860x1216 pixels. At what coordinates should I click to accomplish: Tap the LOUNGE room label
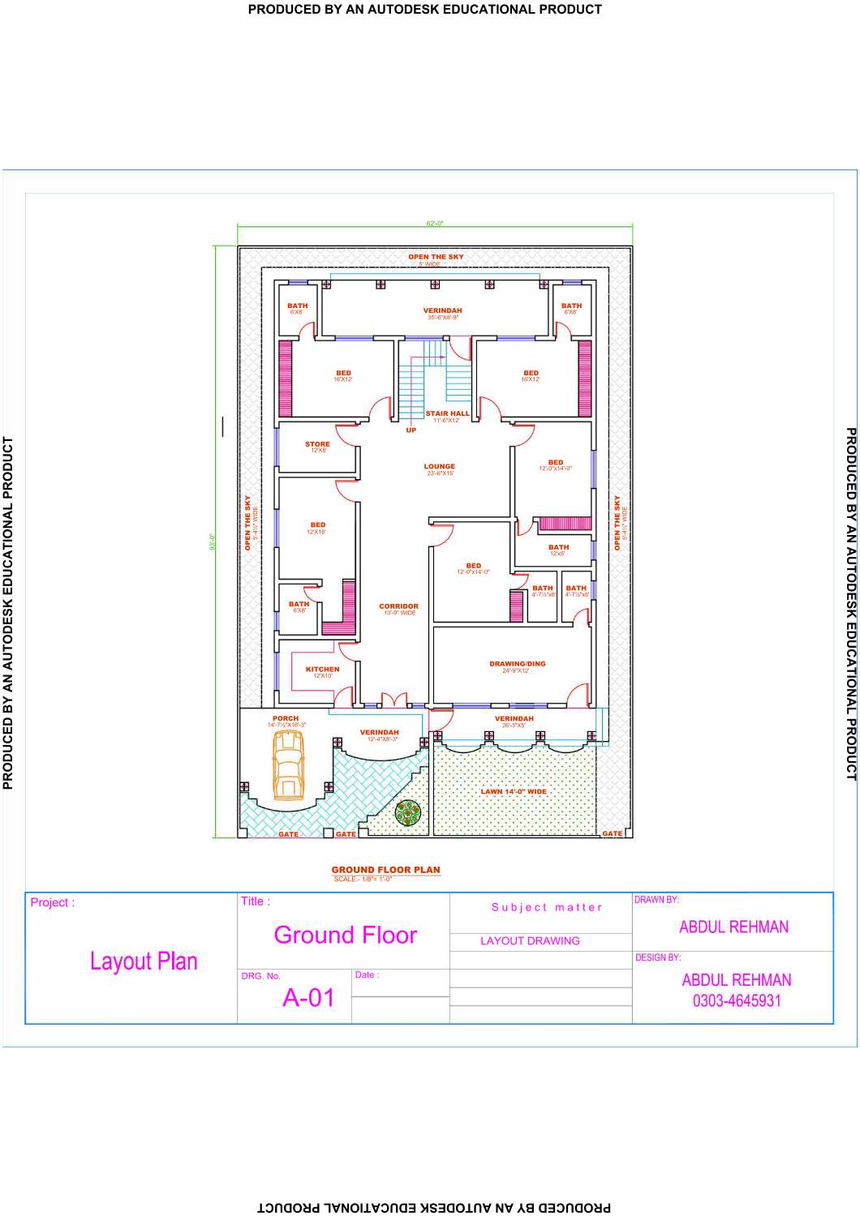point(439,467)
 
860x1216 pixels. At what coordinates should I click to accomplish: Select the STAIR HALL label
point(447,413)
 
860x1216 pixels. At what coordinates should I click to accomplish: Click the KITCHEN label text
point(322,670)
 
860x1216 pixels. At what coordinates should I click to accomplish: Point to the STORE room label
point(317,444)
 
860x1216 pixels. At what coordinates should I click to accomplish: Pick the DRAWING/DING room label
point(518,664)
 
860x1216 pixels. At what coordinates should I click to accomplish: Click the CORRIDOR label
point(398,606)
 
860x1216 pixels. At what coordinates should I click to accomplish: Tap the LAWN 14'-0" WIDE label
point(514,792)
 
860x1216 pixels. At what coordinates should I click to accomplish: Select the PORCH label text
point(286,718)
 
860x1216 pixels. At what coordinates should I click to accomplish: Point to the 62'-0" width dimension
point(435,224)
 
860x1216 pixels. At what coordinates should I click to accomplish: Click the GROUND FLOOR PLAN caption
point(385,870)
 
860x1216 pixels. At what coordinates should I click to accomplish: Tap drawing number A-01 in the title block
point(308,998)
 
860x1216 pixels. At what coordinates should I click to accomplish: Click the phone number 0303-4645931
point(737,1001)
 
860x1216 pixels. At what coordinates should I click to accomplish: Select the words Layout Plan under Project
point(144,961)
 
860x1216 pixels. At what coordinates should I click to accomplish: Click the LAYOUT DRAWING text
point(530,941)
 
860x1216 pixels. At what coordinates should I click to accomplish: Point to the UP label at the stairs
point(411,430)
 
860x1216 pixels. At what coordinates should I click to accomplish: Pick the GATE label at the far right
point(612,833)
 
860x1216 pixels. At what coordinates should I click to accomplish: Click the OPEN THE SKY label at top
point(436,257)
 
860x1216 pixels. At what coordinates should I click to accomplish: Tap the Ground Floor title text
point(346,936)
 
